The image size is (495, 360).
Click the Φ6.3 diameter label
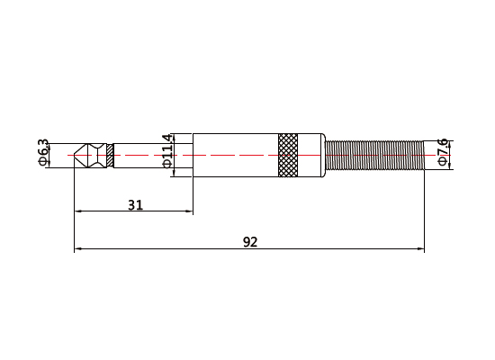[43, 154]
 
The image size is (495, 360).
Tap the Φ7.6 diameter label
[442, 152]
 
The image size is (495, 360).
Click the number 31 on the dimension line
[135, 204]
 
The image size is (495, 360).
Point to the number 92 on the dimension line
[251, 241]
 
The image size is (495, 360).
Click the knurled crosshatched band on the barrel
[288, 155]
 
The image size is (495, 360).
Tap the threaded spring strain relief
[373, 155]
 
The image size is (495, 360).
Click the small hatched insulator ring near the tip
[109, 155]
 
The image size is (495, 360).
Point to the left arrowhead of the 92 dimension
[77, 248]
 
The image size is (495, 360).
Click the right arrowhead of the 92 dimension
[419, 248]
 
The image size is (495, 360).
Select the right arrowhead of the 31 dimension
[189, 211]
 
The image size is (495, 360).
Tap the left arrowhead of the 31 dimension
[77, 211]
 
